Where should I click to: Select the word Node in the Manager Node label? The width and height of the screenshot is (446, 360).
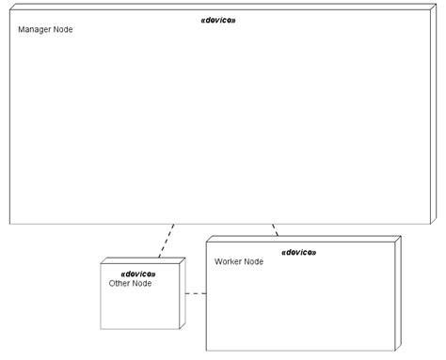(63, 29)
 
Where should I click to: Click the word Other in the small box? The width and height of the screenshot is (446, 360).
(120, 283)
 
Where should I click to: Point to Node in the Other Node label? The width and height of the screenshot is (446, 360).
(142, 283)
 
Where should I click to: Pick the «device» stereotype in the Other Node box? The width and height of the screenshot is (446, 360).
(138, 273)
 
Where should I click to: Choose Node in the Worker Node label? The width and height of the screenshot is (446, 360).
(253, 261)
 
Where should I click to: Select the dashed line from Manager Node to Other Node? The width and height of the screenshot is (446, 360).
(167, 241)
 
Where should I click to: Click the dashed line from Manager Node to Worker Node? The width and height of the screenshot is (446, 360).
(275, 229)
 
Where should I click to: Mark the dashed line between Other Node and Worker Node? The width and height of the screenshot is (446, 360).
(196, 294)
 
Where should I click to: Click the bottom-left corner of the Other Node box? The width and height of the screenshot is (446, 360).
(102, 328)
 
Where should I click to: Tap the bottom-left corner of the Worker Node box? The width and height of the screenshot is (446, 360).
(207, 350)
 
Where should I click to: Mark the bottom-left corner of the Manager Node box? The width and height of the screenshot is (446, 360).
(9, 224)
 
